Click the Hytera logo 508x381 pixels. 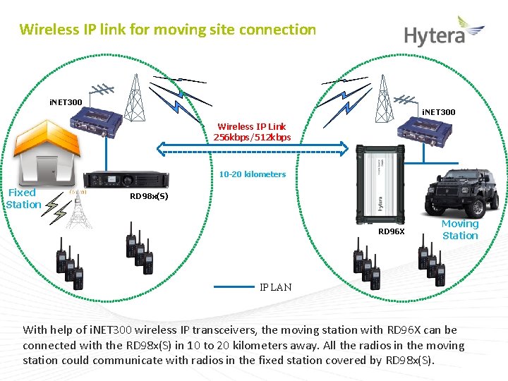[x=444, y=33]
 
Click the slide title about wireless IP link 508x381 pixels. [x=168, y=30]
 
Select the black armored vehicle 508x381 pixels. [x=459, y=193]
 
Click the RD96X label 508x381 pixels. [x=392, y=231]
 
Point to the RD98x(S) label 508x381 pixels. [x=149, y=197]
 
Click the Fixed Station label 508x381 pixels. [x=23, y=198]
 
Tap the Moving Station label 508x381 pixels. [x=460, y=230]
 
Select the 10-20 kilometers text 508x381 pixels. [x=252, y=174]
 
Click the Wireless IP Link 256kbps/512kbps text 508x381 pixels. [x=252, y=132]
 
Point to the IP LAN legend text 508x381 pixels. [x=275, y=287]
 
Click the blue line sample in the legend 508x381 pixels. [x=233, y=287]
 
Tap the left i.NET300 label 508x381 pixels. [x=66, y=103]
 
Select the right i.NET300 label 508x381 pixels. [x=438, y=112]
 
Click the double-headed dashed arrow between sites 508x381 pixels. [x=253, y=147]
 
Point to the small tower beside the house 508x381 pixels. [x=79, y=208]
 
